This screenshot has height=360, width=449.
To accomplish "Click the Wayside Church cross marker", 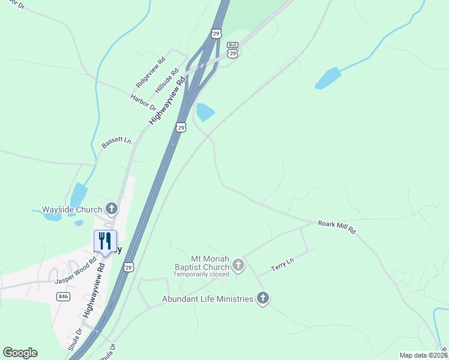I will pyautogui.click(x=112, y=209).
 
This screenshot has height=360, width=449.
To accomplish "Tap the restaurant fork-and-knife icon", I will pyautogui.click(x=105, y=241).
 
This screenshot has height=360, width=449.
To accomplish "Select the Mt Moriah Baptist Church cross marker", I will pyautogui.click(x=238, y=264).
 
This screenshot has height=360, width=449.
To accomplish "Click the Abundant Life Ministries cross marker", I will pyautogui.click(x=262, y=298).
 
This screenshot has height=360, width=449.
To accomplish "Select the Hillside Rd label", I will pyautogui.click(x=167, y=80).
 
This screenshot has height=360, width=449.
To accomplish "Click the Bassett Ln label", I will pyautogui.click(x=116, y=142).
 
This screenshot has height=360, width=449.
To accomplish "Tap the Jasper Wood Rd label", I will pyautogui.click(x=76, y=272).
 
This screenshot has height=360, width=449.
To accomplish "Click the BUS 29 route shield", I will pyautogui.click(x=233, y=49).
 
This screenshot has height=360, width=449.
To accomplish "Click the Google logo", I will pyautogui.click(x=20, y=353).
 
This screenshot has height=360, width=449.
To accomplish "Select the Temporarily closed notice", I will pyautogui.click(x=201, y=274).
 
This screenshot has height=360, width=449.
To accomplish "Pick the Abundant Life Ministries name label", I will pyautogui.click(x=207, y=299).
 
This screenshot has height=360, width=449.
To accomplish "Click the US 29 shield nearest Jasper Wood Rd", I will pyautogui.click(x=129, y=267).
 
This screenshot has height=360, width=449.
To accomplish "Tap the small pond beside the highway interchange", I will pyautogui.click(x=205, y=111).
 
